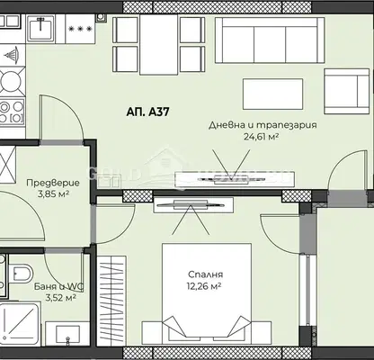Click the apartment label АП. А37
(147, 112)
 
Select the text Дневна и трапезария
(263, 125)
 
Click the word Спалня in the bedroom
(205, 274)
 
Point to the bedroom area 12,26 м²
(204, 286)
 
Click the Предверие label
(53, 183)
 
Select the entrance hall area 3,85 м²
(54, 194)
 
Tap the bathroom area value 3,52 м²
(60, 298)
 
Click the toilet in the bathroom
(20, 274)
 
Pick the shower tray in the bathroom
(20, 323)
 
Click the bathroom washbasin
(67, 334)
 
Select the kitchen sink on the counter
(40, 28)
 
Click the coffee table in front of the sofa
(272, 94)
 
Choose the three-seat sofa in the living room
(270, 40)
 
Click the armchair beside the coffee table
(347, 91)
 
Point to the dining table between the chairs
(159, 44)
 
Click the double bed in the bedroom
(207, 294)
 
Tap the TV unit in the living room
(235, 179)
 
